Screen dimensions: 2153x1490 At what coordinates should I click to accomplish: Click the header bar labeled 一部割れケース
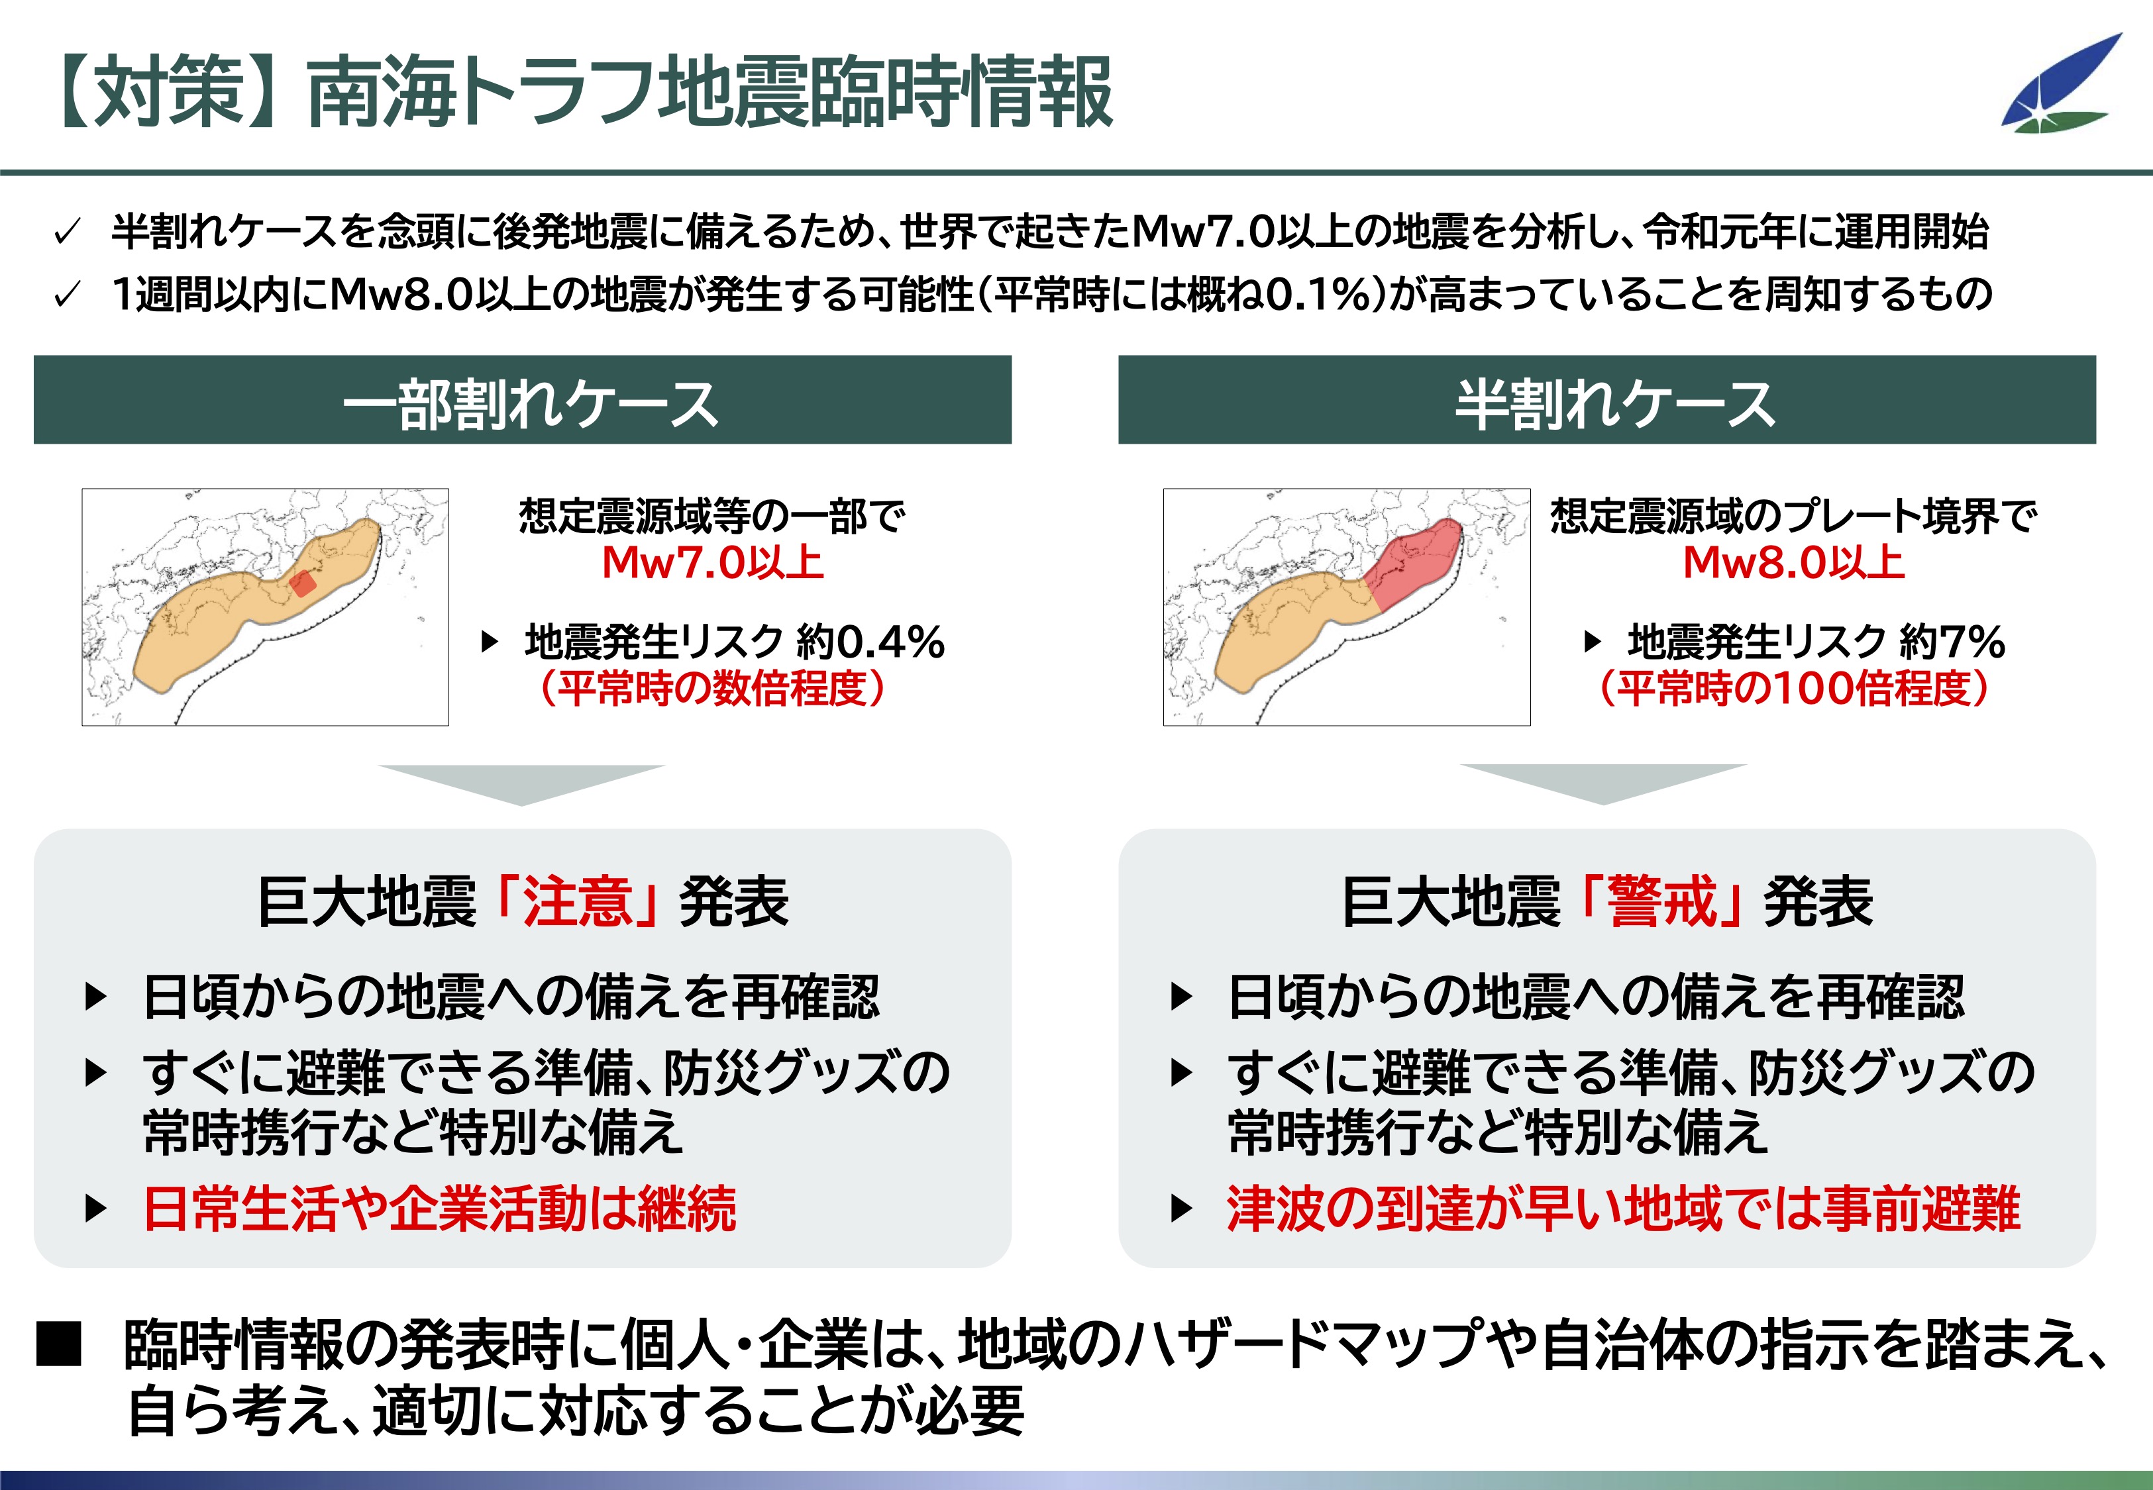522,399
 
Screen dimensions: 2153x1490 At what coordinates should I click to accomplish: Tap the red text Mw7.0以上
712,562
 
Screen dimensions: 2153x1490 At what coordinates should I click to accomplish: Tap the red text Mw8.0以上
1793,562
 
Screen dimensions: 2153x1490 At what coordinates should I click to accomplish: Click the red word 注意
578,902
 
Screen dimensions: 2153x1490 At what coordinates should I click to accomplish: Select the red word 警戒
1662,902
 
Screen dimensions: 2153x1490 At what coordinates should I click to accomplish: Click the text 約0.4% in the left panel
870,642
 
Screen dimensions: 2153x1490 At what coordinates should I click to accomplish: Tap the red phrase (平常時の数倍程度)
711,688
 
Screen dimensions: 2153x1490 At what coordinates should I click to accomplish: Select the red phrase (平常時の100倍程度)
1793,688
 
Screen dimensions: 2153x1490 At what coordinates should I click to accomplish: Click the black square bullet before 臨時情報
59,1344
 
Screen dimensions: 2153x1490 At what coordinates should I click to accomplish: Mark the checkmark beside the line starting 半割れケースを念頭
67,232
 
